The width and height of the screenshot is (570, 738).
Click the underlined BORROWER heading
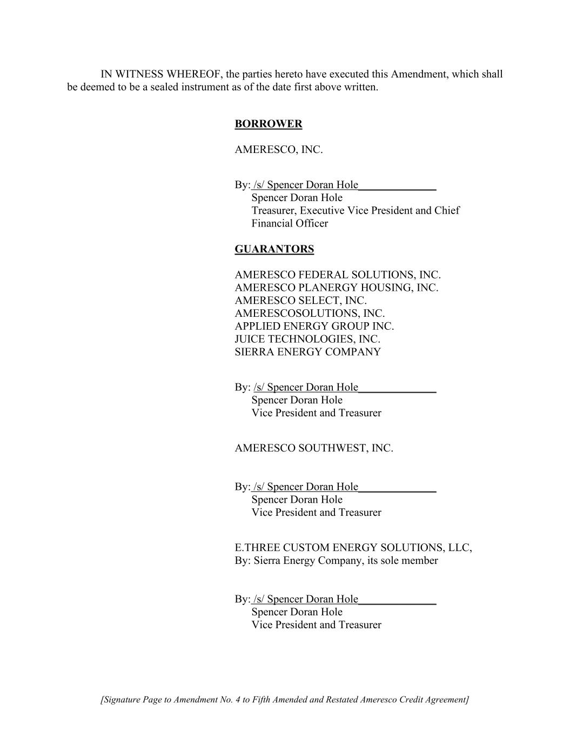[x=268, y=124]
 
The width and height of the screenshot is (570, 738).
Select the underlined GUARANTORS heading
[x=274, y=249]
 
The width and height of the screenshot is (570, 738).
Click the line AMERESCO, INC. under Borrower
[x=278, y=150]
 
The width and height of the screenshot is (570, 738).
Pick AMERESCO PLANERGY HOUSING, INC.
[x=336, y=288]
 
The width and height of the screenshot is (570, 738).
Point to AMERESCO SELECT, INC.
[x=300, y=301]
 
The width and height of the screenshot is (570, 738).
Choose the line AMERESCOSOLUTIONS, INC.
[x=310, y=314]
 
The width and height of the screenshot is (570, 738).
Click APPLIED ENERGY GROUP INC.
[x=314, y=327]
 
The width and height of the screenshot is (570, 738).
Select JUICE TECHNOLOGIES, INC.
[x=307, y=340]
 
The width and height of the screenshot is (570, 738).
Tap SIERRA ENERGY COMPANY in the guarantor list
[x=307, y=353]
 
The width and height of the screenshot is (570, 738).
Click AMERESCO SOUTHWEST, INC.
[x=313, y=448]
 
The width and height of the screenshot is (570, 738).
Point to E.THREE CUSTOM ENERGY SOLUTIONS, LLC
[x=353, y=548]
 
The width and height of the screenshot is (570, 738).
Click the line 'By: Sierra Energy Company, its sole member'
[x=336, y=561]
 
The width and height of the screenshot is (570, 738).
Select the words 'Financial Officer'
[x=290, y=223]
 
